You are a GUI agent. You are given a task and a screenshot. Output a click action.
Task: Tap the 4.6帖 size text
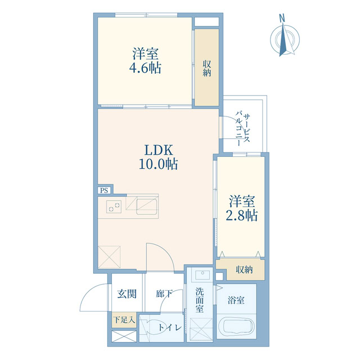[x=146, y=69]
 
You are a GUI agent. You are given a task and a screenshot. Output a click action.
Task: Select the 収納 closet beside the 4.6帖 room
[x=207, y=66]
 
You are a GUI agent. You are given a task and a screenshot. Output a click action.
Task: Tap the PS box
[x=103, y=190]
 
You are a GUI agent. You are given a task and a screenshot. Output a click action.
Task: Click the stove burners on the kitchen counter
[x=115, y=206]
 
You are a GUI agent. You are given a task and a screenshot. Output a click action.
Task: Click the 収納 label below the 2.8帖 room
[x=244, y=270]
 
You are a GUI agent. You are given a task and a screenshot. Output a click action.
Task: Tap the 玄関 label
[x=127, y=294]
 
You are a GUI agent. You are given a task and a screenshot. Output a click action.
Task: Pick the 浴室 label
[x=236, y=300]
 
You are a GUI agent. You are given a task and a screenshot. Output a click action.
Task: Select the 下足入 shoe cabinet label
[x=124, y=320]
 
